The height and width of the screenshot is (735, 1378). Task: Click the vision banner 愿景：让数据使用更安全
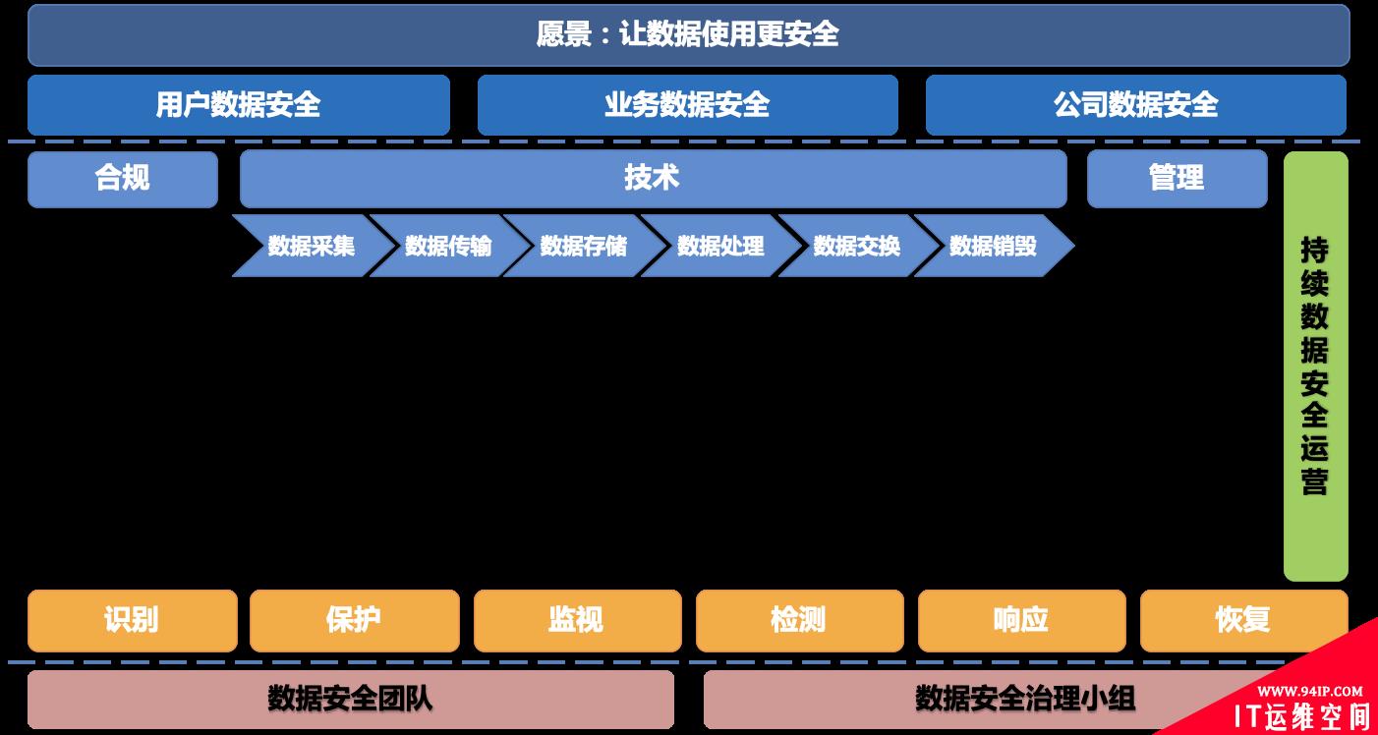click(x=688, y=34)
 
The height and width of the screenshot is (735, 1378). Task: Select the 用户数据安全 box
click(x=238, y=104)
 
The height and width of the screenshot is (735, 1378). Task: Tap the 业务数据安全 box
click(x=687, y=104)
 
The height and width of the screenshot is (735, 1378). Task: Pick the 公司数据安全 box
click(x=1135, y=104)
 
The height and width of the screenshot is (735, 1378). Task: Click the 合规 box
click(x=123, y=179)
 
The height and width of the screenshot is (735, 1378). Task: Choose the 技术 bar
click(x=653, y=179)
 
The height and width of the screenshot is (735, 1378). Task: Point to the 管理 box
click(x=1177, y=179)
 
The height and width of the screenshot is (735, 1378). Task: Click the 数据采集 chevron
click(x=309, y=246)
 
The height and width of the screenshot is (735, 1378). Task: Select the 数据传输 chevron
click(x=447, y=246)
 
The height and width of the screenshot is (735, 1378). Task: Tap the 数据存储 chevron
click(x=583, y=246)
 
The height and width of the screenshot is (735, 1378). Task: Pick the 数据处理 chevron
click(x=719, y=246)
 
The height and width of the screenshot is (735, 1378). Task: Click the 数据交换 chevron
click(x=856, y=246)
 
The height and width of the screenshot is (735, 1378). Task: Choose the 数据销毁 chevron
click(x=993, y=246)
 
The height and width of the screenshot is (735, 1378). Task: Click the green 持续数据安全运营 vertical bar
click(x=1315, y=366)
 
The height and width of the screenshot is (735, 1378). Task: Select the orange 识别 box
click(x=132, y=620)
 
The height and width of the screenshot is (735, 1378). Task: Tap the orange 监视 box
click(x=577, y=620)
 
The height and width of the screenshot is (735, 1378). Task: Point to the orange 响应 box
click(x=1021, y=620)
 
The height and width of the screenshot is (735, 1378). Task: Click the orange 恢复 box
click(x=1243, y=620)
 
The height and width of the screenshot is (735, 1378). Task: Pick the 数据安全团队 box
click(x=350, y=699)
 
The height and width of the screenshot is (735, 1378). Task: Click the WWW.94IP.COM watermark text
click(x=1309, y=691)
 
